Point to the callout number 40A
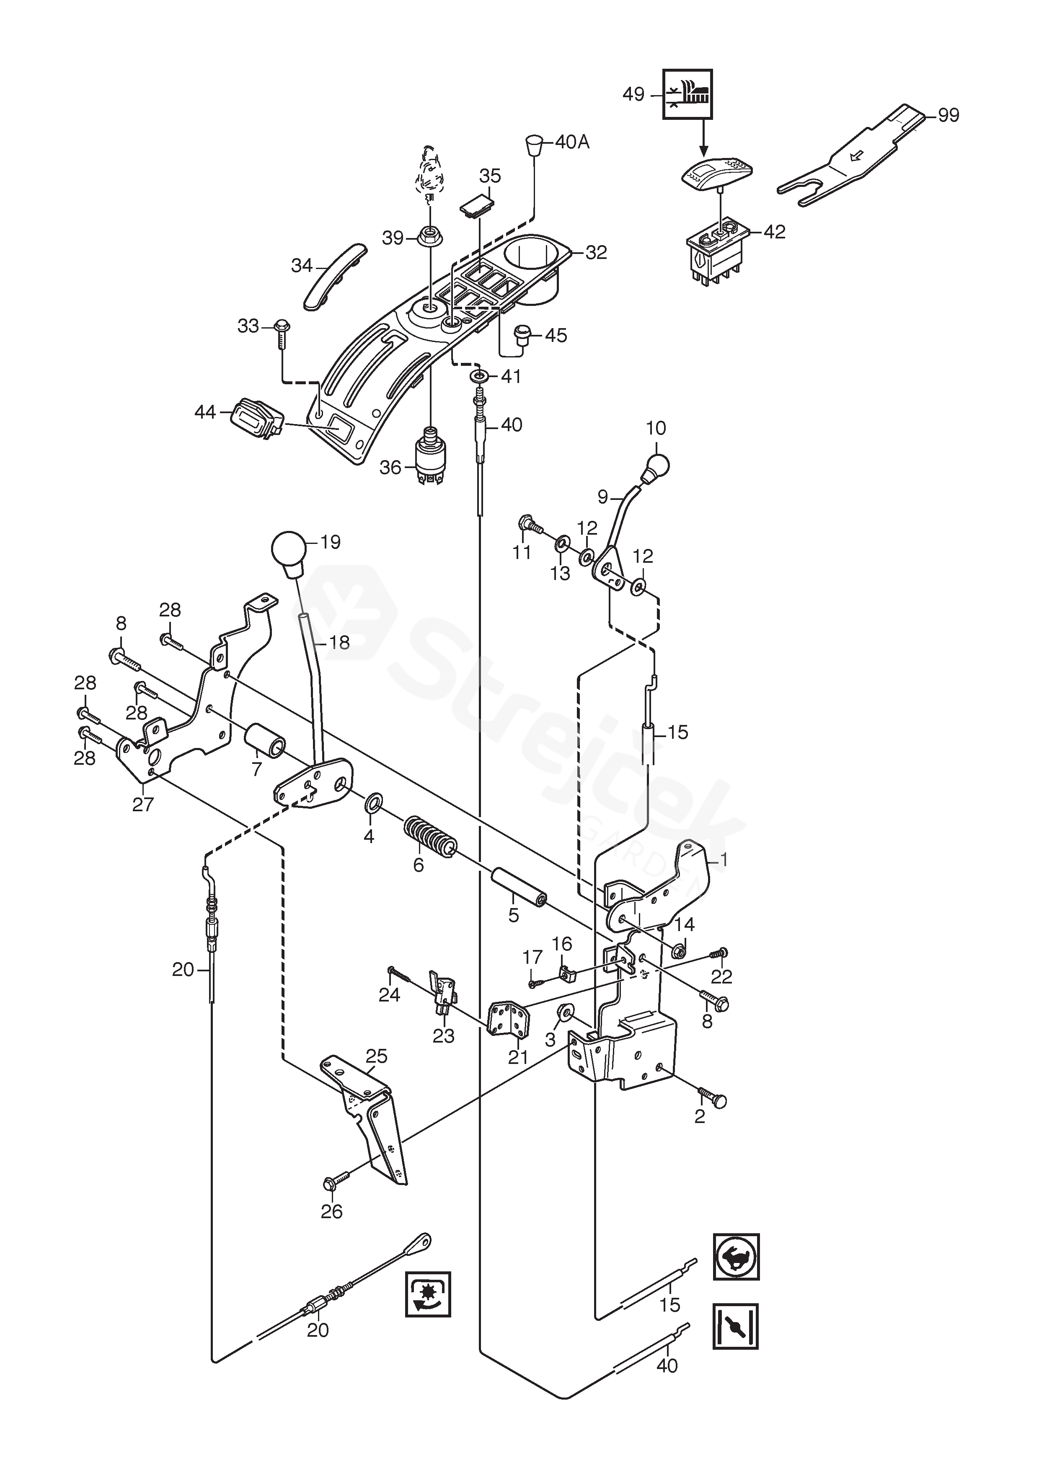pyautogui.click(x=572, y=142)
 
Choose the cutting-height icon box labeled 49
pyautogui.click(x=687, y=94)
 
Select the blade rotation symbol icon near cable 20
pyautogui.click(x=428, y=1294)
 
